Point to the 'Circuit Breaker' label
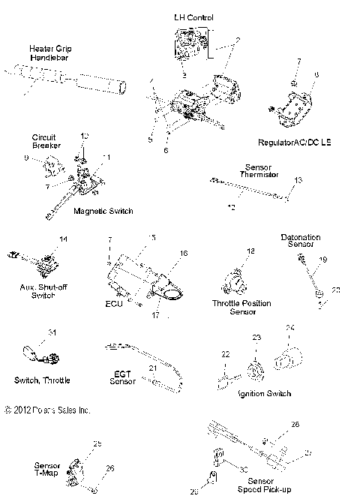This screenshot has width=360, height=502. (46, 140)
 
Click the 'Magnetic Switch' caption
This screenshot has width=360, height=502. (103, 211)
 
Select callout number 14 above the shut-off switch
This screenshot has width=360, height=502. (63, 239)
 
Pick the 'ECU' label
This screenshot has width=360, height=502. (114, 305)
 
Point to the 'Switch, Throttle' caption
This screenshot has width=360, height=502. (42, 380)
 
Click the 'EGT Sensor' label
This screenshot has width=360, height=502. (123, 377)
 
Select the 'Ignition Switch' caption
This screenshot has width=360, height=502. (264, 392)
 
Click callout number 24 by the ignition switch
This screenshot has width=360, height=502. (289, 327)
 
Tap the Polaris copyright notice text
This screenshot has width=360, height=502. (46, 410)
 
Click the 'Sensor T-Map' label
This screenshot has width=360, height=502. (47, 470)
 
